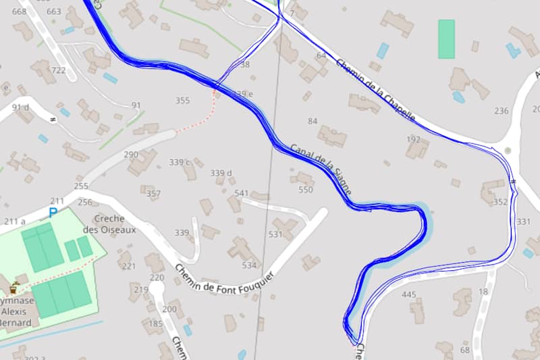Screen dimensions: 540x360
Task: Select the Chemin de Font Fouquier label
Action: pos(225,280)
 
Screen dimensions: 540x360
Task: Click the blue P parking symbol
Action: pos(53,213)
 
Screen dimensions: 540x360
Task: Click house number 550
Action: pos(306,190)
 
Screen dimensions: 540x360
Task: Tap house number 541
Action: pos(241,193)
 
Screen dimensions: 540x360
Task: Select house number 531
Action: pos(275,234)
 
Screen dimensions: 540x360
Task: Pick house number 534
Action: pos(250,265)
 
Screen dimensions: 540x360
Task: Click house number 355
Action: pos(182,101)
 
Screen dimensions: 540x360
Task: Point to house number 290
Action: pos(131,155)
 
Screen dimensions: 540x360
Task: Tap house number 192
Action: pos(414,139)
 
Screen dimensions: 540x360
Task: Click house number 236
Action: pos(501,111)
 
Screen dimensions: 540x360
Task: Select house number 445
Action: pos(409,294)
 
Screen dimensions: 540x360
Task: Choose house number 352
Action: pos(500,202)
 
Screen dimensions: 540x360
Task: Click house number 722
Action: pos(58,70)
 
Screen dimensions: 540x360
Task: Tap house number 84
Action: pos(312,121)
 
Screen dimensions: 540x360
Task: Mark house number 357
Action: pos(153,195)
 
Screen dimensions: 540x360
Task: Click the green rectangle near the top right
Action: pos(446,38)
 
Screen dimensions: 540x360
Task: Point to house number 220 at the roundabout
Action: pos(157,278)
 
